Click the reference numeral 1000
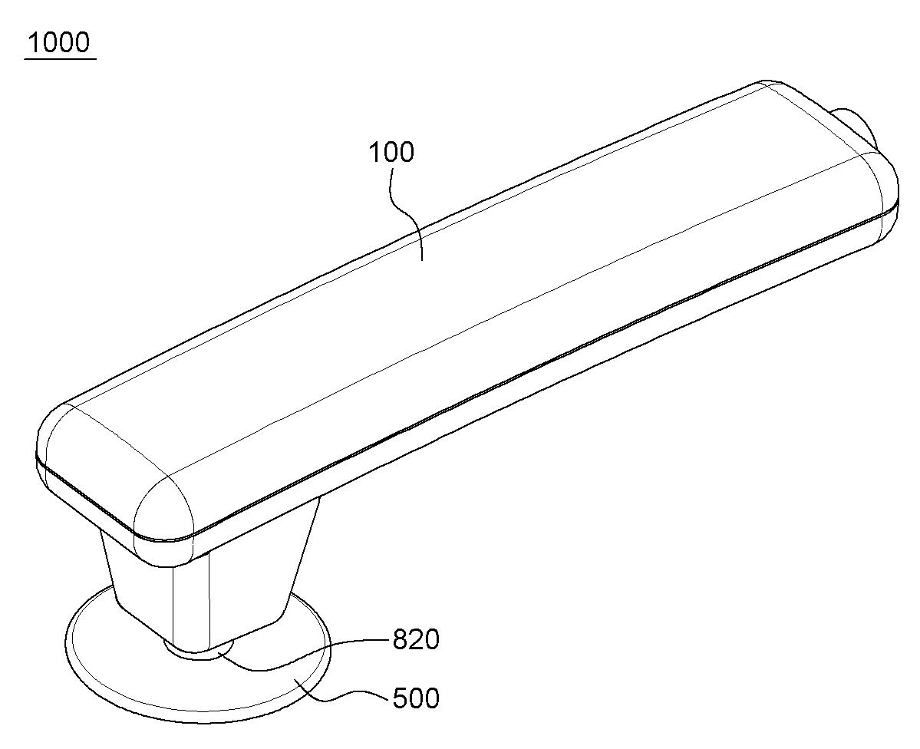pyautogui.click(x=59, y=42)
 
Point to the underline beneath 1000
pyautogui.click(x=60, y=58)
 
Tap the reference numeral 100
pyautogui.click(x=391, y=151)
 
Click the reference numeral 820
pyautogui.click(x=416, y=640)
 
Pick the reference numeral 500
pyautogui.click(x=416, y=698)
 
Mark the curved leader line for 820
pyautogui.click(x=303, y=653)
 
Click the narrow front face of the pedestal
pyautogui.click(x=191, y=599)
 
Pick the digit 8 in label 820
pyautogui.click(x=401, y=640)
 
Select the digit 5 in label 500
pyautogui.click(x=401, y=698)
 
